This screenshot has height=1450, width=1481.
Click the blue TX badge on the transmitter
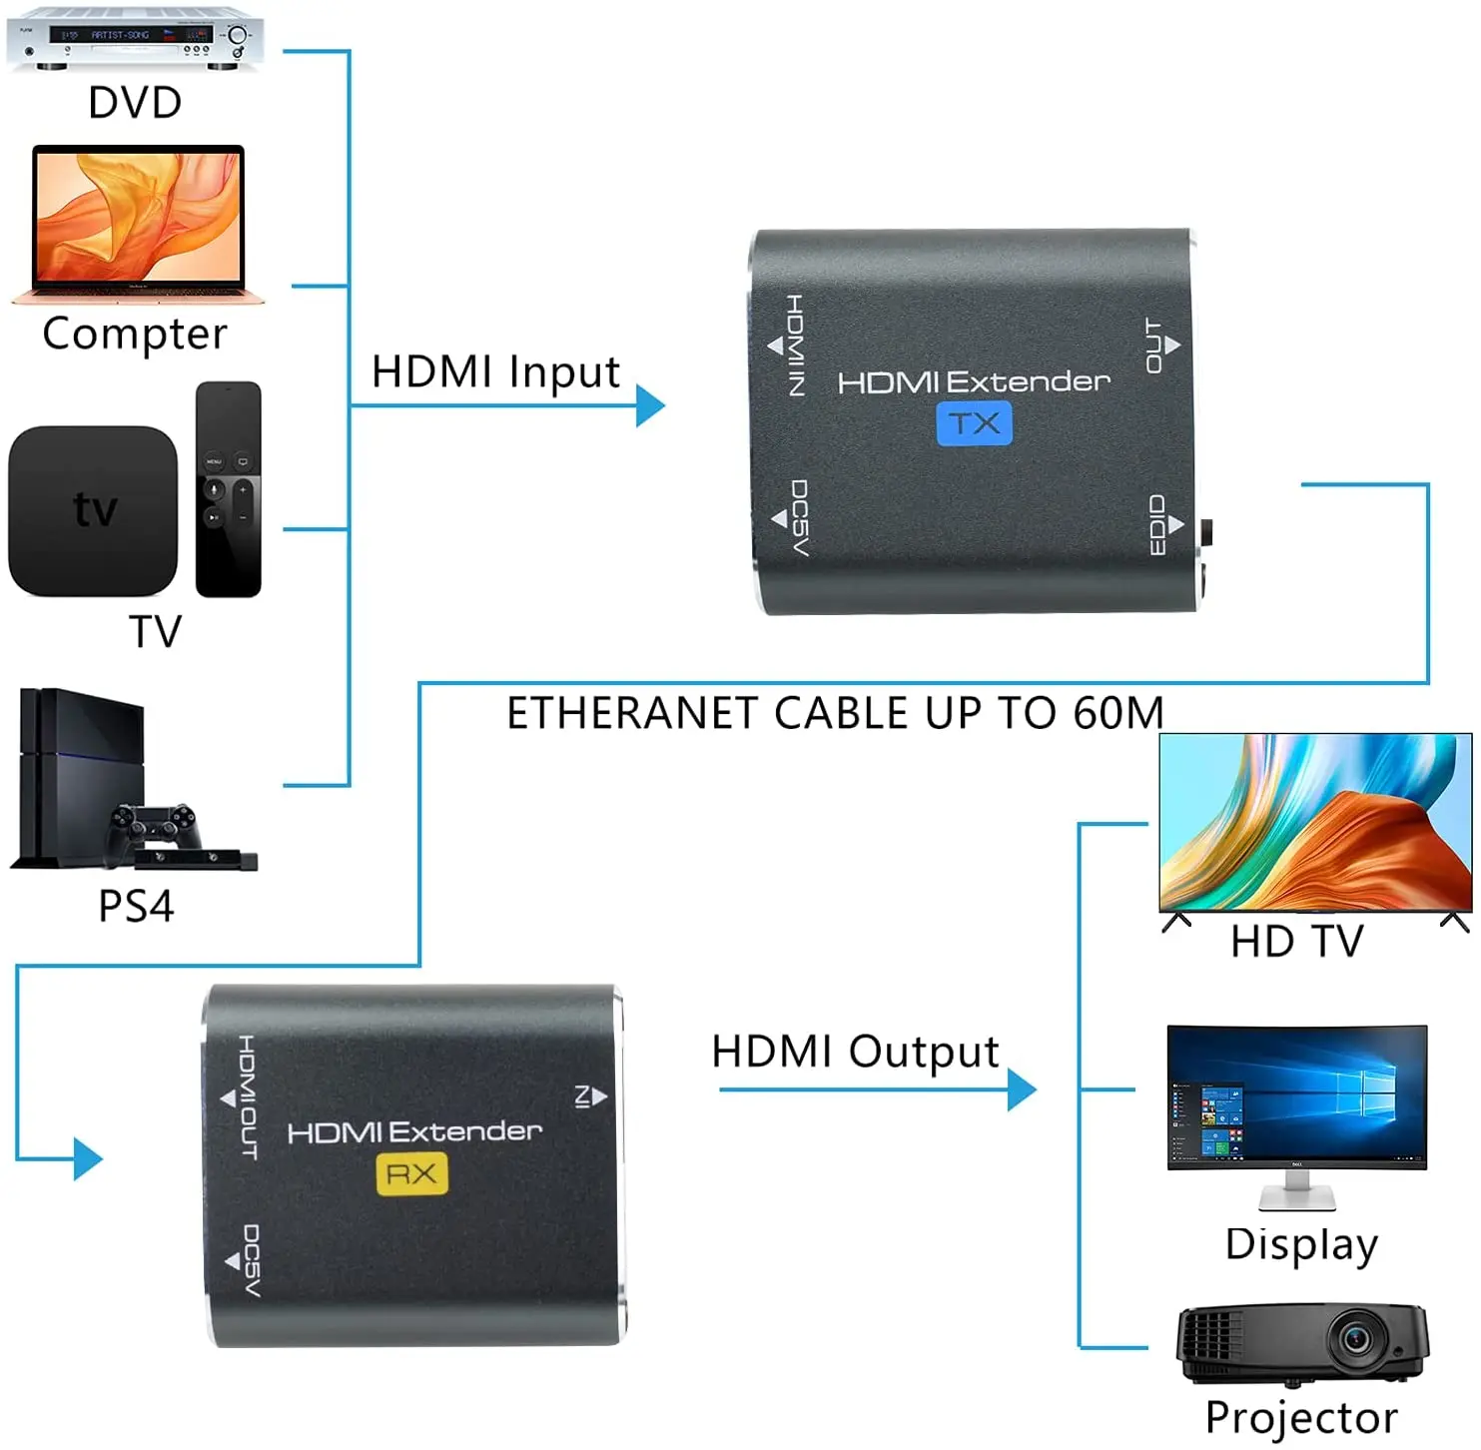[974, 423]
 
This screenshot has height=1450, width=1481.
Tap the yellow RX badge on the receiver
[411, 1173]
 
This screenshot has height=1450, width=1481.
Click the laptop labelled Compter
[138, 224]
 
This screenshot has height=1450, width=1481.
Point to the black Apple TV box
[93, 510]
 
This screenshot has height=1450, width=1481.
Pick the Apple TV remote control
[229, 489]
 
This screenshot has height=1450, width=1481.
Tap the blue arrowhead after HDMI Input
[650, 405]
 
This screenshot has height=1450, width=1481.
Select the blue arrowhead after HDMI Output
[1022, 1089]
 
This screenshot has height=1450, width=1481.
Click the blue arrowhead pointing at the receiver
[89, 1159]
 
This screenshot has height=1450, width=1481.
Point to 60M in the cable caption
[1118, 713]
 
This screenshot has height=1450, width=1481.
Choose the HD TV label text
[1296, 941]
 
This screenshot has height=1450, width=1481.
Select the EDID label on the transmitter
[1157, 524]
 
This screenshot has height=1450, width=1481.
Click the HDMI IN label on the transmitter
[795, 346]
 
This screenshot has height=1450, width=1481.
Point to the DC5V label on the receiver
[251, 1260]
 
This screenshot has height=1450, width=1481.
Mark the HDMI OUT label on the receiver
[247, 1096]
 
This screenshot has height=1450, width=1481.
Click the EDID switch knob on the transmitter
[1208, 532]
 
